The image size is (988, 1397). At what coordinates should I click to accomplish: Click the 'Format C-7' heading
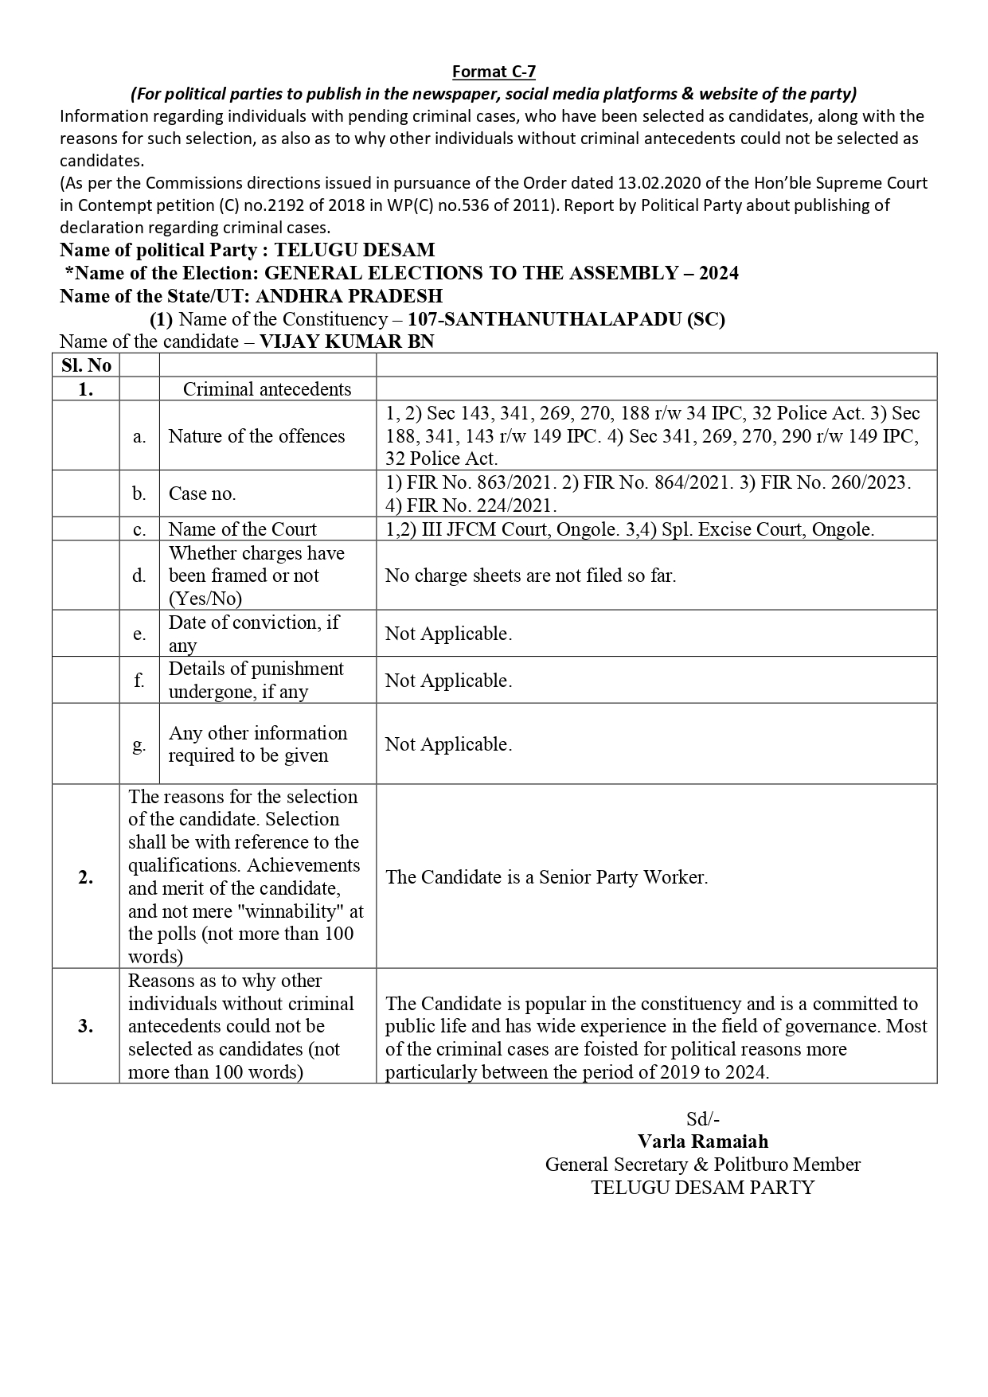click(x=494, y=72)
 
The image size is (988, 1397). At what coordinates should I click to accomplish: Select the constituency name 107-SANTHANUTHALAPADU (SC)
click(x=566, y=319)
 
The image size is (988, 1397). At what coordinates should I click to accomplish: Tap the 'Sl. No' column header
click(x=86, y=365)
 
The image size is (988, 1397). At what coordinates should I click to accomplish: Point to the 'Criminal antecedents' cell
click(x=267, y=388)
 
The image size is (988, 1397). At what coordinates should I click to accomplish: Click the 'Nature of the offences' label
click(x=256, y=435)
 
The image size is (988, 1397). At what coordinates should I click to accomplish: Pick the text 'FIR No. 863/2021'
click(x=459, y=482)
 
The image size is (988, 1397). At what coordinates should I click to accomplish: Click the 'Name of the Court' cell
click(x=242, y=529)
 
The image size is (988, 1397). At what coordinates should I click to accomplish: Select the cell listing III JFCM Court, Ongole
click(x=629, y=529)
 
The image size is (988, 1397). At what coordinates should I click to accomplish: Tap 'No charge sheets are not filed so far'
click(x=530, y=575)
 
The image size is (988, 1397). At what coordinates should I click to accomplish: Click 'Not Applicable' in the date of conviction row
click(x=448, y=634)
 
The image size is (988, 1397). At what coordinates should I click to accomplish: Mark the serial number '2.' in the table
click(x=86, y=876)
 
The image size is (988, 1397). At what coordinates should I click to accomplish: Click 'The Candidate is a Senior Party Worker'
click(x=546, y=876)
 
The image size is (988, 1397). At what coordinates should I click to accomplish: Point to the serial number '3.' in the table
click(x=86, y=1025)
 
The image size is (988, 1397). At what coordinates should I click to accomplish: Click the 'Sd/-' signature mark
click(x=702, y=1118)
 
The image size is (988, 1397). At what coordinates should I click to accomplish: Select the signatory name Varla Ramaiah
click(x=702, y=1141)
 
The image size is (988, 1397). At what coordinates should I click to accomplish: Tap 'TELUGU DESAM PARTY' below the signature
click(x=702, y=1188)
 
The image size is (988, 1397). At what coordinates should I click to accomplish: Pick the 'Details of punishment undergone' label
click(x=256, y=680)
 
